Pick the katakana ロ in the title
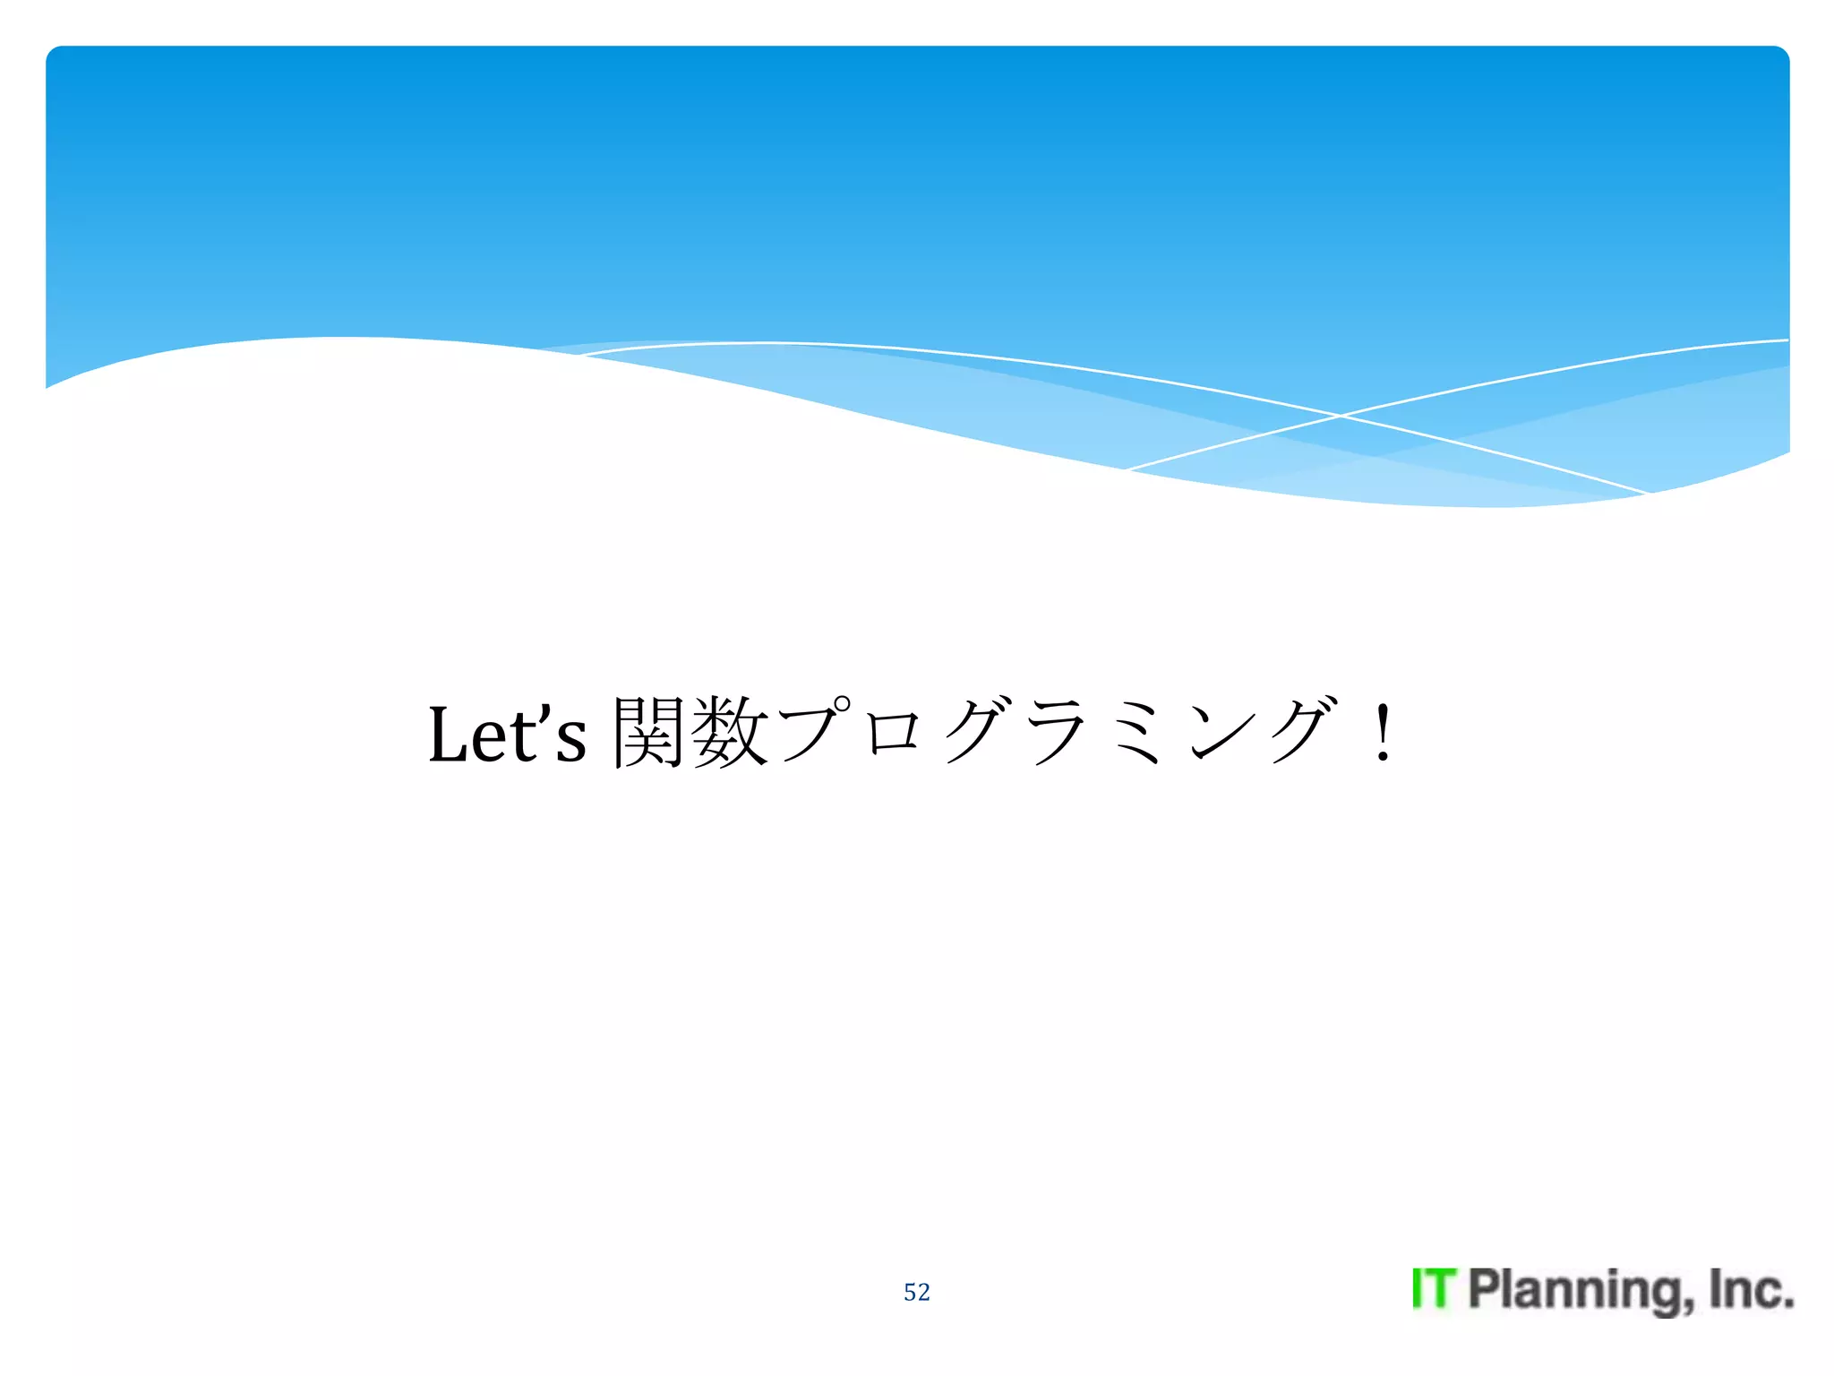(894, 733)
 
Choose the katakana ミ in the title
(1137, 733)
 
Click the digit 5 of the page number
(910, 1292)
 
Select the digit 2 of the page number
(923, 1292)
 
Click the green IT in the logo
(1434, 1289)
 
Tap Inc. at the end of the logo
(1751, 1289)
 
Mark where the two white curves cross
(1341, 416)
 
